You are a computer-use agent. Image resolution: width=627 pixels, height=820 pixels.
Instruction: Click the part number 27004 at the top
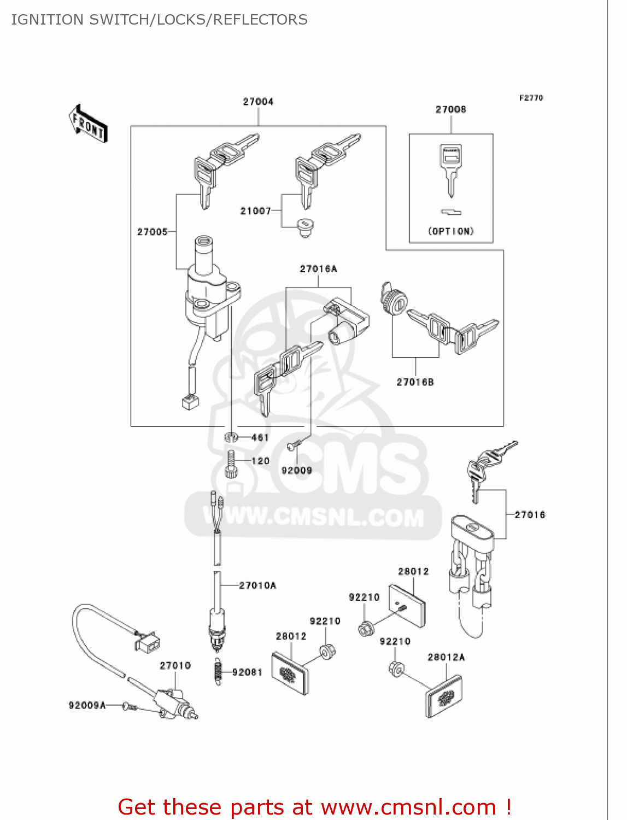[258, 102]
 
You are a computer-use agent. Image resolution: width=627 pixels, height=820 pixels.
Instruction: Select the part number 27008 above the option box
[450, 109]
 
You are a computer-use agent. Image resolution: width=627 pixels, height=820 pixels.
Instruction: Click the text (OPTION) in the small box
[451, 231]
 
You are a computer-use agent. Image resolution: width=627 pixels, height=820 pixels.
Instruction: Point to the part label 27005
[152, 232]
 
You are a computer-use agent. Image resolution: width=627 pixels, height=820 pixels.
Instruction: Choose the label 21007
[255, 211]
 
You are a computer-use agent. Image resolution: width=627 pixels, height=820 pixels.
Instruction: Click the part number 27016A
[318, 269]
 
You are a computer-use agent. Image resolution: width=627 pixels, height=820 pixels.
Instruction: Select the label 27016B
[415, 382]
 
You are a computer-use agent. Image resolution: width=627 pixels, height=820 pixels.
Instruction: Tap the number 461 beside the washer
[260, 437]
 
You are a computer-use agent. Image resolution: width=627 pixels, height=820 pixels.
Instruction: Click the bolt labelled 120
[231, 464]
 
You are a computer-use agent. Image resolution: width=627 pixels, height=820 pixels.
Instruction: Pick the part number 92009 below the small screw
[296, 470]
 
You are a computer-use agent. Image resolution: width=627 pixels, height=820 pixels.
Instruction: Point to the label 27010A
[257, 585]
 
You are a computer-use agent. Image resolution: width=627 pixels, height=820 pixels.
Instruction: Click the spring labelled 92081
[218, 671]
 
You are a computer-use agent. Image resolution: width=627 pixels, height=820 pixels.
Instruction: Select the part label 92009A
[87, 705]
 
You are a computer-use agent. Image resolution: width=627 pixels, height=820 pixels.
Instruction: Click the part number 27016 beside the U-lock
[530, 514]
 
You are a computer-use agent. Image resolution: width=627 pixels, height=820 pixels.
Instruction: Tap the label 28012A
[446, 657]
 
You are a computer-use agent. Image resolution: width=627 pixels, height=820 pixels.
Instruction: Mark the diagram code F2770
[531, 98]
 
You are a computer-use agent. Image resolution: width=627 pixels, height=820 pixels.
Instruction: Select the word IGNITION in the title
[47, 20]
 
